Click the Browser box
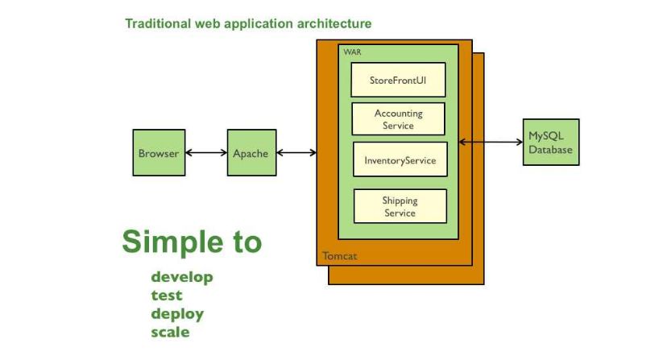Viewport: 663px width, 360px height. click(159, 152)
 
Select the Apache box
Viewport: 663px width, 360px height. click(251, 152)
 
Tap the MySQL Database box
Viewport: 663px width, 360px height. click(551, 142)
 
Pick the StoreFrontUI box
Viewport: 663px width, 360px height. click(398, 80)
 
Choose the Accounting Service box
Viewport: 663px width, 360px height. click(398, 119)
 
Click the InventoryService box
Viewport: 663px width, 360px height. click(400, 159)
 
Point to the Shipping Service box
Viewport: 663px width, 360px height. click(400, 206)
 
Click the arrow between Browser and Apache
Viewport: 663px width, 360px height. click(206, 152)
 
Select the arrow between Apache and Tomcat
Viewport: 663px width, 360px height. click(296, 152)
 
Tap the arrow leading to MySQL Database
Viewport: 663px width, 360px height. click(491, 142)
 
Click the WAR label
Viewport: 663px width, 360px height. click(352, 52)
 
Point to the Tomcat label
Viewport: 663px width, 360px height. click(339, 255)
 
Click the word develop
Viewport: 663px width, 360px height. click(182, 277)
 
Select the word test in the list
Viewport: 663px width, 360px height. click(167, 296)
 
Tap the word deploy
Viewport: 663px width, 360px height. click(177, 314)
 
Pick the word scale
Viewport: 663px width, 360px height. click(170, 332)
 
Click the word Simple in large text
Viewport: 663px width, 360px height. click(172, 242)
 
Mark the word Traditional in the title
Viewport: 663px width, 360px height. click(158, 23)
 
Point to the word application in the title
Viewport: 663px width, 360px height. click(259, 24)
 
